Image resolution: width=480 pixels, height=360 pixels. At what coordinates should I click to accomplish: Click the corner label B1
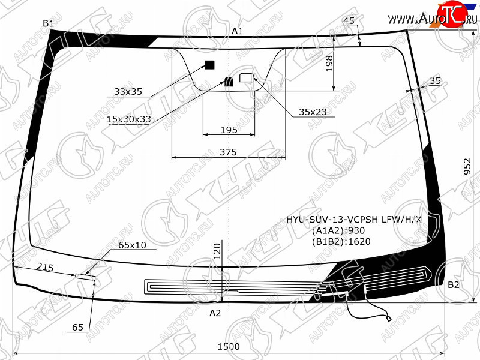(49, 23)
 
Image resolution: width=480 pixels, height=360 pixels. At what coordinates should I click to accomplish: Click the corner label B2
(453, 284)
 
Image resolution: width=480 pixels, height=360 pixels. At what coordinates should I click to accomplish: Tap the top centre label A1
(237, 31)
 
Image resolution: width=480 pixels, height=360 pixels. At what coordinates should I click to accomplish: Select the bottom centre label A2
(215, 313)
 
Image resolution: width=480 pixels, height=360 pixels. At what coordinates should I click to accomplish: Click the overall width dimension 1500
(228, 347)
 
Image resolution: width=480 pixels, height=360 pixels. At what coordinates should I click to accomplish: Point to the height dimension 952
(467, 166)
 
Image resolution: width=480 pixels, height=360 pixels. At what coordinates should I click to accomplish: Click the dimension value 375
(228, 152)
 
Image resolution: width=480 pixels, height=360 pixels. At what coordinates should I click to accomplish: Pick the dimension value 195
(229, 130)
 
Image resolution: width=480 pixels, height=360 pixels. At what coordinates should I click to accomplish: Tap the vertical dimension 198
(329, 62)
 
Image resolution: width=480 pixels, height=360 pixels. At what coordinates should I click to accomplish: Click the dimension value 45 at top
(349, 21)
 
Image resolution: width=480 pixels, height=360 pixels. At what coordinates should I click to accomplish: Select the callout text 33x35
(128, 92)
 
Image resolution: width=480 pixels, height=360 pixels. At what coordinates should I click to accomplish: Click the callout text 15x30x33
(128, 119)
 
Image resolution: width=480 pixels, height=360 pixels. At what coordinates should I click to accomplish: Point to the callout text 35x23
(313, 112)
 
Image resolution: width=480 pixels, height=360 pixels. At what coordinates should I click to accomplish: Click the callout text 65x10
(132, 245)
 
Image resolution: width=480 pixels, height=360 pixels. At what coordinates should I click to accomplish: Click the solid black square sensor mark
(209, 65)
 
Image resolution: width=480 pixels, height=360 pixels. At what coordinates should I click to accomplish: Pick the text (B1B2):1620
(341, 242)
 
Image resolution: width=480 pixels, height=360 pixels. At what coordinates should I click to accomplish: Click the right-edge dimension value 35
(435, 81)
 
